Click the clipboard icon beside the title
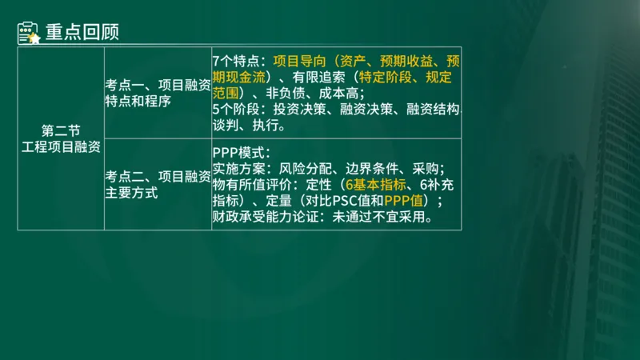[x=29, y=33]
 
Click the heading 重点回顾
[x=82, y=33]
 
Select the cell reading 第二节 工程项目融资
[x=61, y=138]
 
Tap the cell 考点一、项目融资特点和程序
[x=157, y=92]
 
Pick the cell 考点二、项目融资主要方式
[x=157, y=184]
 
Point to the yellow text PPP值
[x=406, y=200]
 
